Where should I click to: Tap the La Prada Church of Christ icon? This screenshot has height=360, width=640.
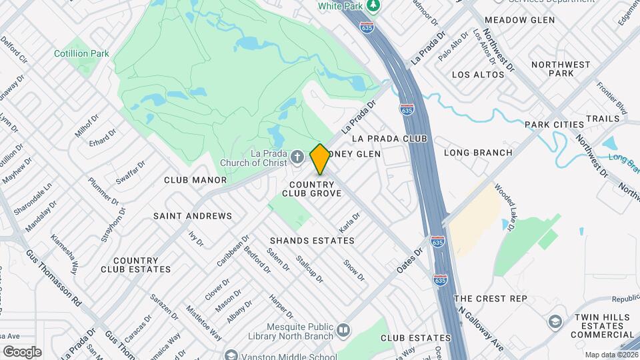point(297,158)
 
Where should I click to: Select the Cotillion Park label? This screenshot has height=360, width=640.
point(81,53)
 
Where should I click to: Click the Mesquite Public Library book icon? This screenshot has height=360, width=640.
point(343,330)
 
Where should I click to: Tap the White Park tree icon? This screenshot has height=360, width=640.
point(374,6)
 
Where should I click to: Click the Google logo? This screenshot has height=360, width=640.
point(22,351)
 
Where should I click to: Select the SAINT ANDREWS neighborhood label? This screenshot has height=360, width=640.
point(193,216)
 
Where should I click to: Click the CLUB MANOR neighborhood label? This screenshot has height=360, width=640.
point(195,180)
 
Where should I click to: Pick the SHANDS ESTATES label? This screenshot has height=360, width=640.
point(312,240)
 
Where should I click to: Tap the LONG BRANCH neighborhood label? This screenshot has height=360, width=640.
point(478,153)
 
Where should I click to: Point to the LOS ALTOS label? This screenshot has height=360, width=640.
point(478,75)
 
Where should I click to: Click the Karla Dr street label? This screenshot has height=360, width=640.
point(349,222)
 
